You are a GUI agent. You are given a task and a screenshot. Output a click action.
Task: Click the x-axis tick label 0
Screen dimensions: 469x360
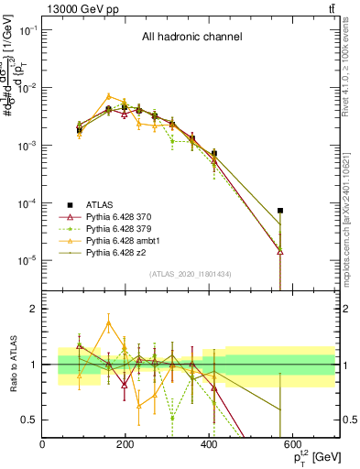(x=42, y=444)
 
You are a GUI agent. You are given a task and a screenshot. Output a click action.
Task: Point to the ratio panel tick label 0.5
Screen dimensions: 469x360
(x=29, y=420)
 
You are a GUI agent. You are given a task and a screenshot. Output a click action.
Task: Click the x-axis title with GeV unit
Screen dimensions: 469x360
(x=307, y=456)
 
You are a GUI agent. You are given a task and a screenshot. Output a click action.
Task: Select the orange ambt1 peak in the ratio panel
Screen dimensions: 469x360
(x=109, y=322)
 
